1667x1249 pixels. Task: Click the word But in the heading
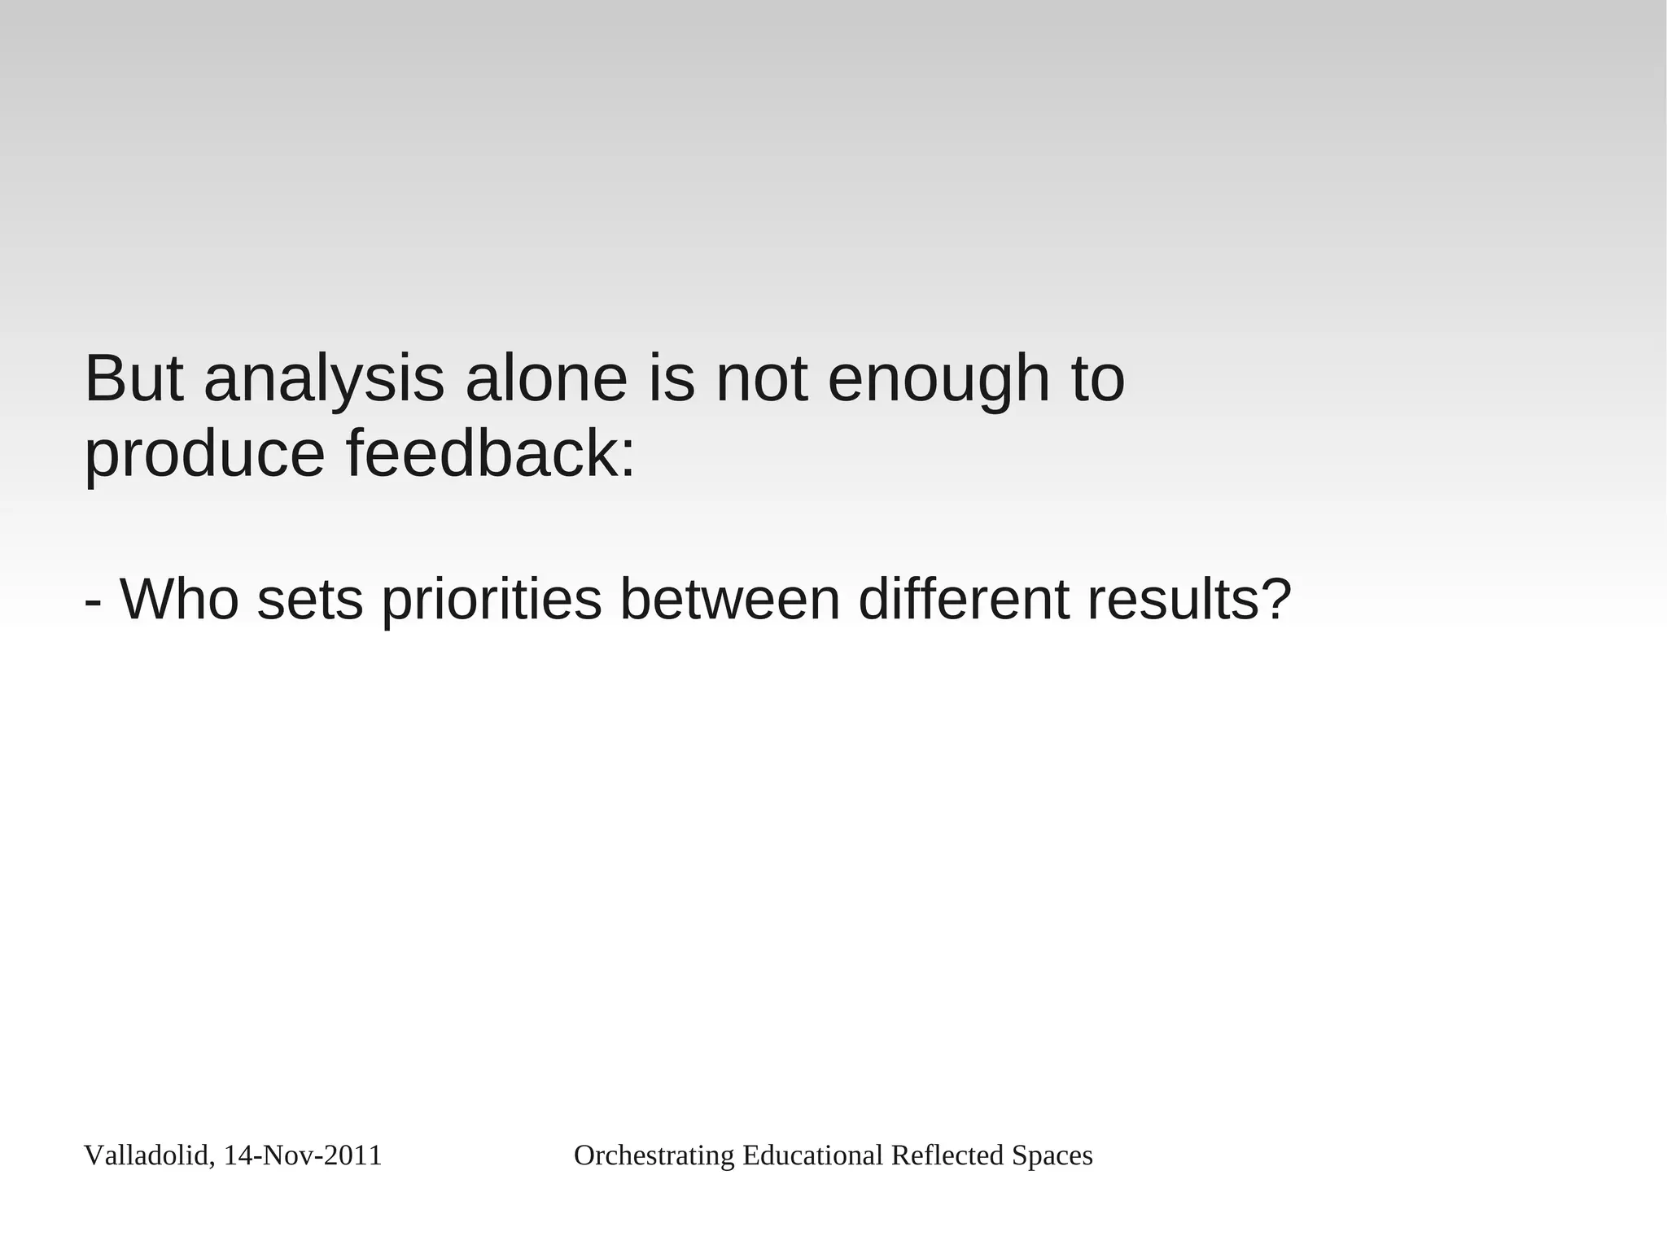pos(133,379)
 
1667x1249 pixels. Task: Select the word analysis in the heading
pos(324,381)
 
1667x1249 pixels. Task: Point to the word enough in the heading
pos(939,381)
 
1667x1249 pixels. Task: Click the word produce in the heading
pos(204,456)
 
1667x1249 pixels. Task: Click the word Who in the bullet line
pos(179,599)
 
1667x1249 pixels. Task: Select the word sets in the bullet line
pos(309,599)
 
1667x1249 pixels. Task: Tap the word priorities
pos(491,600)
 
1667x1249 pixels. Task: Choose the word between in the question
pos(729,599)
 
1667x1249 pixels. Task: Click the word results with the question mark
pos(1189,599)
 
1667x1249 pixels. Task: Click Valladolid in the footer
pos(146,1155)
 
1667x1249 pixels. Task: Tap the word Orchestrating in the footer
pos(654,1155)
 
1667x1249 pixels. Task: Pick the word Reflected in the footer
pos(947,1155)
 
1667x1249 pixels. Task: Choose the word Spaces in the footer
pos(1052,1155)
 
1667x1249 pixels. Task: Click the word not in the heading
pos(762,379)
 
